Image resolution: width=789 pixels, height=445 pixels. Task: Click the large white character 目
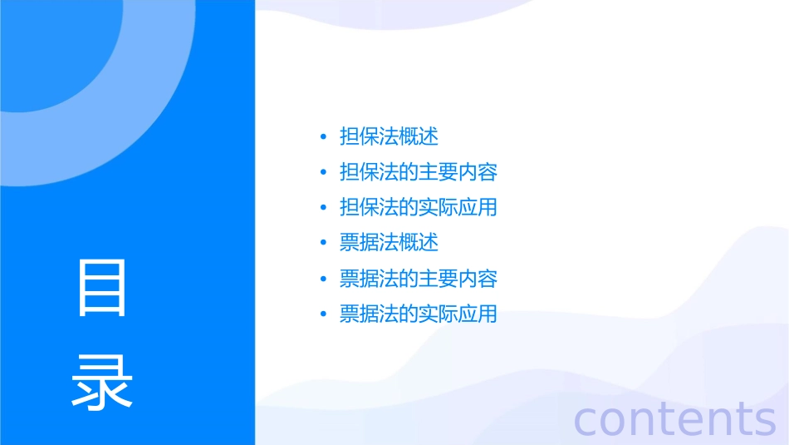pyautogui.click(x=102, y=288)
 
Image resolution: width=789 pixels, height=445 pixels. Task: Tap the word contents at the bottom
pyautogui.click(x=675, y=418)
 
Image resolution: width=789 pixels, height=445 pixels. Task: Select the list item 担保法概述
pyautogui.click(x=389, y=136)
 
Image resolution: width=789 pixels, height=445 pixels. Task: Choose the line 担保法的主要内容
pyautogui.click(x=419, y=172)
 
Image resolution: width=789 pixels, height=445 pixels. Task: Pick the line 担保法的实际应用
pyautogui.click(x=419, y=207)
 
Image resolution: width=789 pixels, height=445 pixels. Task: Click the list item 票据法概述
pyautogui.click(x=389, y=243)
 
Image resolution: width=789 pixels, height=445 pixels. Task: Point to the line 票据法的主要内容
pyautogui.click(x=419, y=279)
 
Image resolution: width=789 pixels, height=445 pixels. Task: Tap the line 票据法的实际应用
pyautogui.click(x=419, y=314)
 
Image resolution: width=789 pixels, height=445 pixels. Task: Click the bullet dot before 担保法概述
pyautogui.click(x=324, y=136)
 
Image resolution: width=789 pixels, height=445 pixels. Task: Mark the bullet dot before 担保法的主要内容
pyautogui.click(x=324, y=172)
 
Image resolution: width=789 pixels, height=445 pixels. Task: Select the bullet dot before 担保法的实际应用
pyautogui.click(x=324, y=207)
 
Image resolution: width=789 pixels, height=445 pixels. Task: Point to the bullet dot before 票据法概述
pyautogui.click(x=324, y=243)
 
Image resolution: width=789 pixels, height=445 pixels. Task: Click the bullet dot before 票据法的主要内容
pyautogui.click(x=324, y=279)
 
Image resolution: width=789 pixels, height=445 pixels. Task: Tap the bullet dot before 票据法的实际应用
pyautogui.click(x=324, y=314)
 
